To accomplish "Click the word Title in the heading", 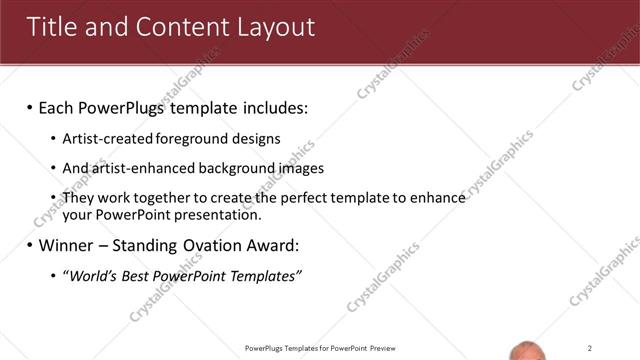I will point(51,27).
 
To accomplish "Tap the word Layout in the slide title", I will point(271,27).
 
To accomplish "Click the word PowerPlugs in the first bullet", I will point(140,107).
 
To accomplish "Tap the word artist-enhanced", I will point(136,169).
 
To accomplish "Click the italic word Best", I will point(141,275).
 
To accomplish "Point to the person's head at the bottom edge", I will point(529,352).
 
